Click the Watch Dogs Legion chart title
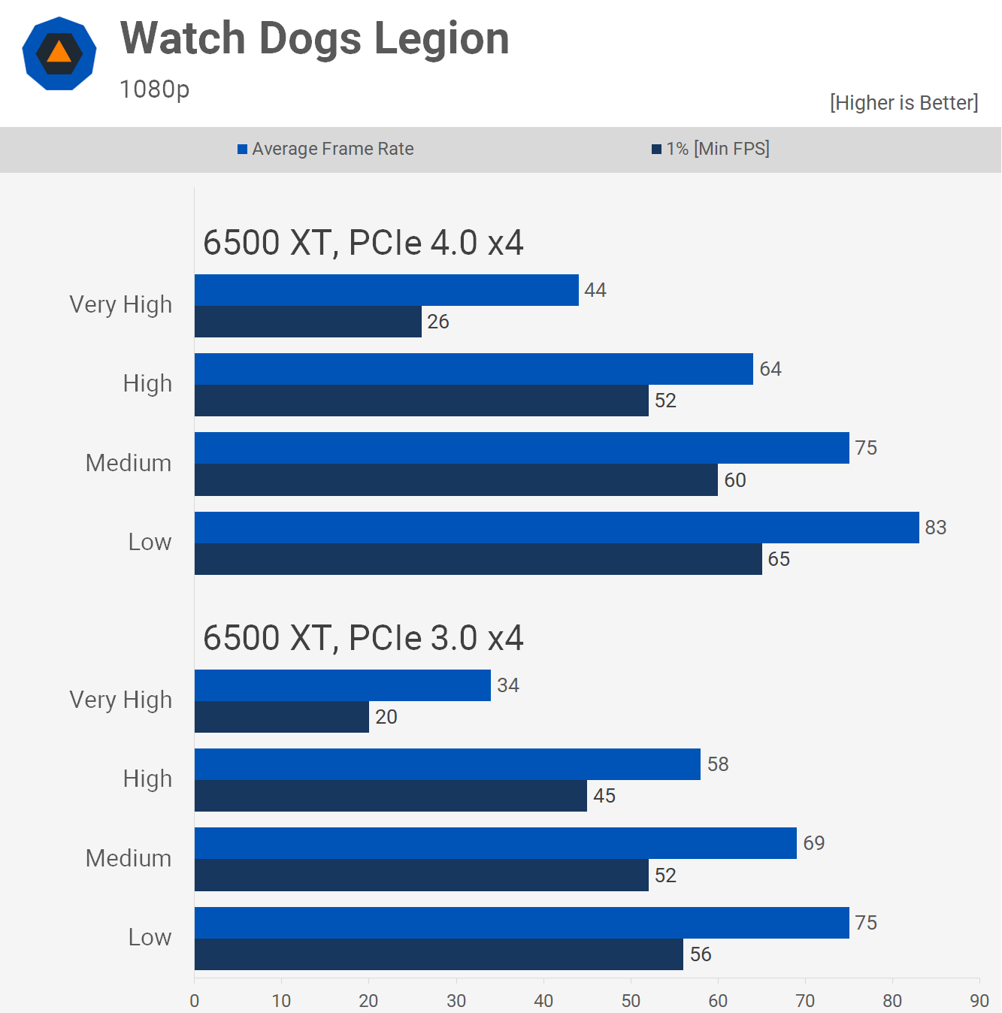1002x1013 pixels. pos(314,38)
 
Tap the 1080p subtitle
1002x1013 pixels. pos(154,89)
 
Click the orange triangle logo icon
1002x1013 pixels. pos(59,53)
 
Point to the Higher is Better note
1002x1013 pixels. pos(904,103)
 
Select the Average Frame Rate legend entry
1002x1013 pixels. pos(325,149)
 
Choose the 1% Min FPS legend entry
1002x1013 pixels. pos(710,149)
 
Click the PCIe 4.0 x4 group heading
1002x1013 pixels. pos(363,243)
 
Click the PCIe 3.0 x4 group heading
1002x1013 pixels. pos(363,638)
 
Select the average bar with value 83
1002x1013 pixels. pos(556,528)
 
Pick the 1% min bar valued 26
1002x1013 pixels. pos(308,322)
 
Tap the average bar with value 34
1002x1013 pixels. pos(343,685)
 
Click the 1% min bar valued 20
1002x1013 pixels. pos(282,717)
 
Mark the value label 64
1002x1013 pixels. pos(770,369)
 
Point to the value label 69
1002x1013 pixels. pos(814,843)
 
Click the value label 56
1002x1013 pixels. pos(701,954)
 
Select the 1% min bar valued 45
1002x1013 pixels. pos(391,796)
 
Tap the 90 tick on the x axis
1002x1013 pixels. pos(979,1000)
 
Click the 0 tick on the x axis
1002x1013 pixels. pos(195,1000)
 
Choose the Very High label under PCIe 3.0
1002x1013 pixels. pos(120,700)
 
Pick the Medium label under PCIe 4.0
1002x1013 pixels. pos(129,463)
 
